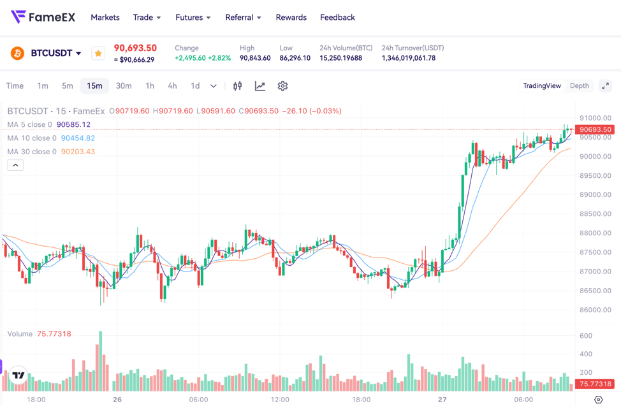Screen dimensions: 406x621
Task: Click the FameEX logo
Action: [43, 17]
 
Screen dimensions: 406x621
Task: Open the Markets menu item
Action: [105, 17]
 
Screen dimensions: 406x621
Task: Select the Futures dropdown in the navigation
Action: [193, 17]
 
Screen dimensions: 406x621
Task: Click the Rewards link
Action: [291, 17]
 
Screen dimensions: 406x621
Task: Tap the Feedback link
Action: [337, 17]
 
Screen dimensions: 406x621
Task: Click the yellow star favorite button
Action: [98, 54]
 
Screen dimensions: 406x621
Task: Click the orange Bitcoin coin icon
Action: [17, 53]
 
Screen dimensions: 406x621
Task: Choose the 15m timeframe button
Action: [94, 86]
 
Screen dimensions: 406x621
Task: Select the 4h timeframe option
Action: [172, 86]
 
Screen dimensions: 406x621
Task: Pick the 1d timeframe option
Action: [195, 86]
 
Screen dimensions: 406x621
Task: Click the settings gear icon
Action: [282, 86]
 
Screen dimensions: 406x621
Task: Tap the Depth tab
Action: [579, 86]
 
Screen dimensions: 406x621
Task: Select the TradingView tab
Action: [542, 86]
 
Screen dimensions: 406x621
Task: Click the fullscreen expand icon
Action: [605, 86]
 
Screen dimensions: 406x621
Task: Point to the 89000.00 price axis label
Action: [595, 195]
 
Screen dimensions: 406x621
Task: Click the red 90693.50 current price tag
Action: [595, 129]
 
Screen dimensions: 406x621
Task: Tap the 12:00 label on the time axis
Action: [280, 400]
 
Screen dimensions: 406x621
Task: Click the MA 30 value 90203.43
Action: [78, 152]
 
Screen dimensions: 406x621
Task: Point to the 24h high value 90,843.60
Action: [255, 58]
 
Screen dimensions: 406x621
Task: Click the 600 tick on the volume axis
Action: [585, 336]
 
